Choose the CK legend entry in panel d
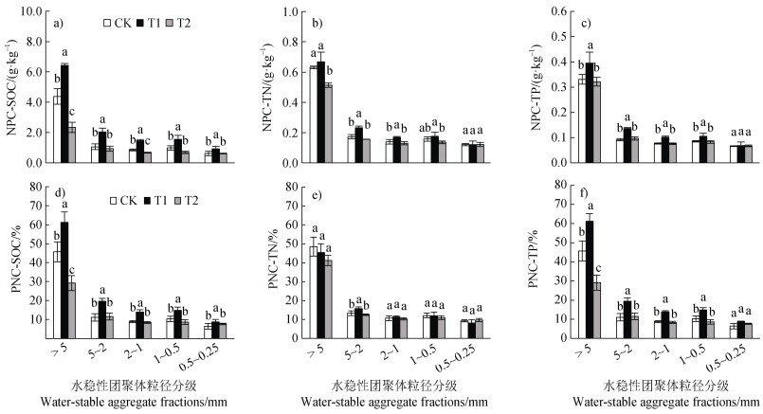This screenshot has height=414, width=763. point(124,200)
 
